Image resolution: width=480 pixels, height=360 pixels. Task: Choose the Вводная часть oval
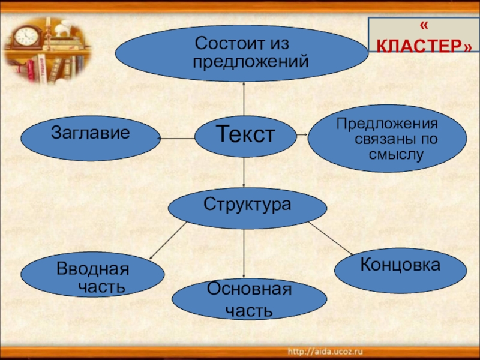pos(92,275)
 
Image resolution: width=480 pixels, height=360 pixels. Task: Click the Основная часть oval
pos(249,298)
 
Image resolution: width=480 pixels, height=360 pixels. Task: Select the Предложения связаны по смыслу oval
pos(387,139)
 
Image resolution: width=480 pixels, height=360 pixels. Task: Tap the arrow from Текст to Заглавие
pos(177,139)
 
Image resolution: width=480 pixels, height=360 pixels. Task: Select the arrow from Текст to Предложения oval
pos(302,136)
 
